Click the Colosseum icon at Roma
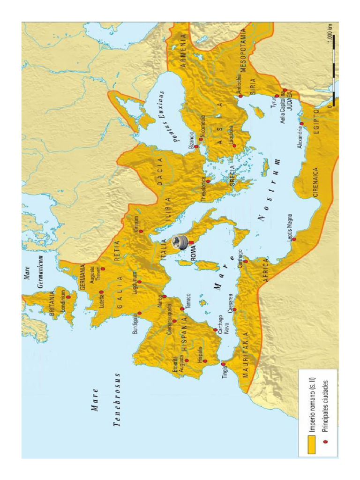coord(180,242)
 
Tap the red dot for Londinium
coord(68,297)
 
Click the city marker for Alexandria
coord(301,124)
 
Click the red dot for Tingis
coord(223,363)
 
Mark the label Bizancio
coord(191,141)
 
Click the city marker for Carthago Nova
coord(215,330)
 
